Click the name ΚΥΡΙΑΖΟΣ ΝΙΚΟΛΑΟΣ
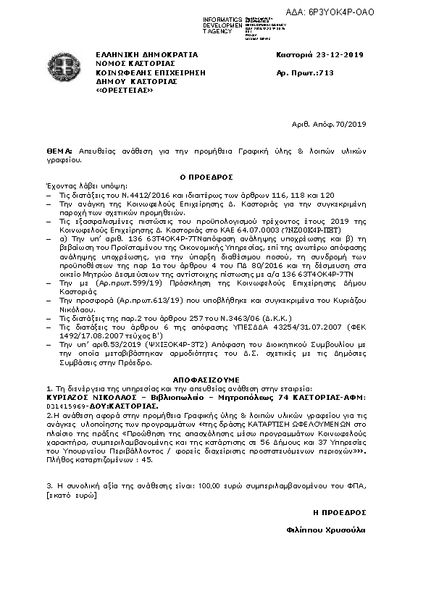pos(87,398)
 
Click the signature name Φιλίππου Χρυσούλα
pos(326,530)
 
